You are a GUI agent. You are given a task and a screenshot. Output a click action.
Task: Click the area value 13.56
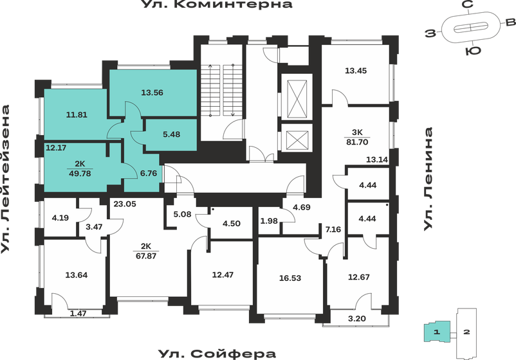pos(152,93)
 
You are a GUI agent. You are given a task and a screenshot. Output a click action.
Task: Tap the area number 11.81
pos(77,116)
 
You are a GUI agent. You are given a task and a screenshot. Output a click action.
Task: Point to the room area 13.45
pos(356,71)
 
